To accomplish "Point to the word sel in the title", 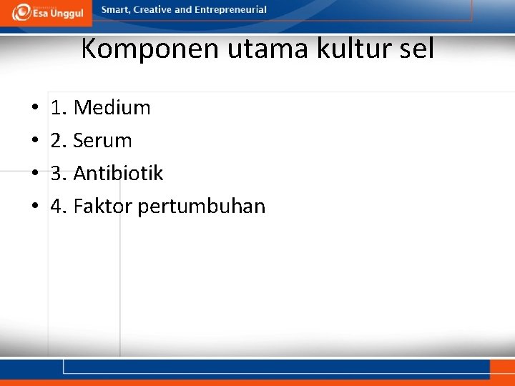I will (416, 49).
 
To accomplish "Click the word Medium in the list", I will (112, 108).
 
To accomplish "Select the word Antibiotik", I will (118, 174).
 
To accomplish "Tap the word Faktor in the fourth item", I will (102, 207).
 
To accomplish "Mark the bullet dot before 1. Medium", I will (34, 109).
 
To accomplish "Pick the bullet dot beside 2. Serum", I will (34, 142).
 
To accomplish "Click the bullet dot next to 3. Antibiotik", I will (34, 174).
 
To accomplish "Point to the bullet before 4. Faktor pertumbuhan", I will (34, 207).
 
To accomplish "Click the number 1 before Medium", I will (56, 108).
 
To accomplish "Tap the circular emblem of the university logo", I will (22, 12).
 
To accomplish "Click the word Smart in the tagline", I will (115, 10).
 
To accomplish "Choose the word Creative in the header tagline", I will (152, 10).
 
